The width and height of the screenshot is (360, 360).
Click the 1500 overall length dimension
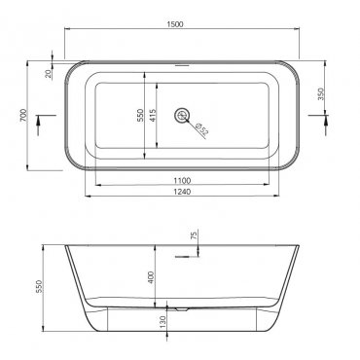click(x=175, y=24)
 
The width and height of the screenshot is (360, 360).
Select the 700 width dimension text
click(x=23, y=116)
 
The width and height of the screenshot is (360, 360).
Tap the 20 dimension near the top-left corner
click(x=49, y=74)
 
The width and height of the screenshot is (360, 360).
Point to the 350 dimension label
click(x=321, y=94)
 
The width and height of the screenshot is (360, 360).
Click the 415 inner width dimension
click(x=153, y=115)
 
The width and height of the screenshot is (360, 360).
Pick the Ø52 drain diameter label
click(x=202, y=128)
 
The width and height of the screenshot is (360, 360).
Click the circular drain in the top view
click(x=182, y=115)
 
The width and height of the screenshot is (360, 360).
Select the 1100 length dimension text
click(x=182, y=181)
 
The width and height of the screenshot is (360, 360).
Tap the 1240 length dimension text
click(x=182, y=192)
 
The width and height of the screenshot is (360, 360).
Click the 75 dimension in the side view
click(x=195, y=235)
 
